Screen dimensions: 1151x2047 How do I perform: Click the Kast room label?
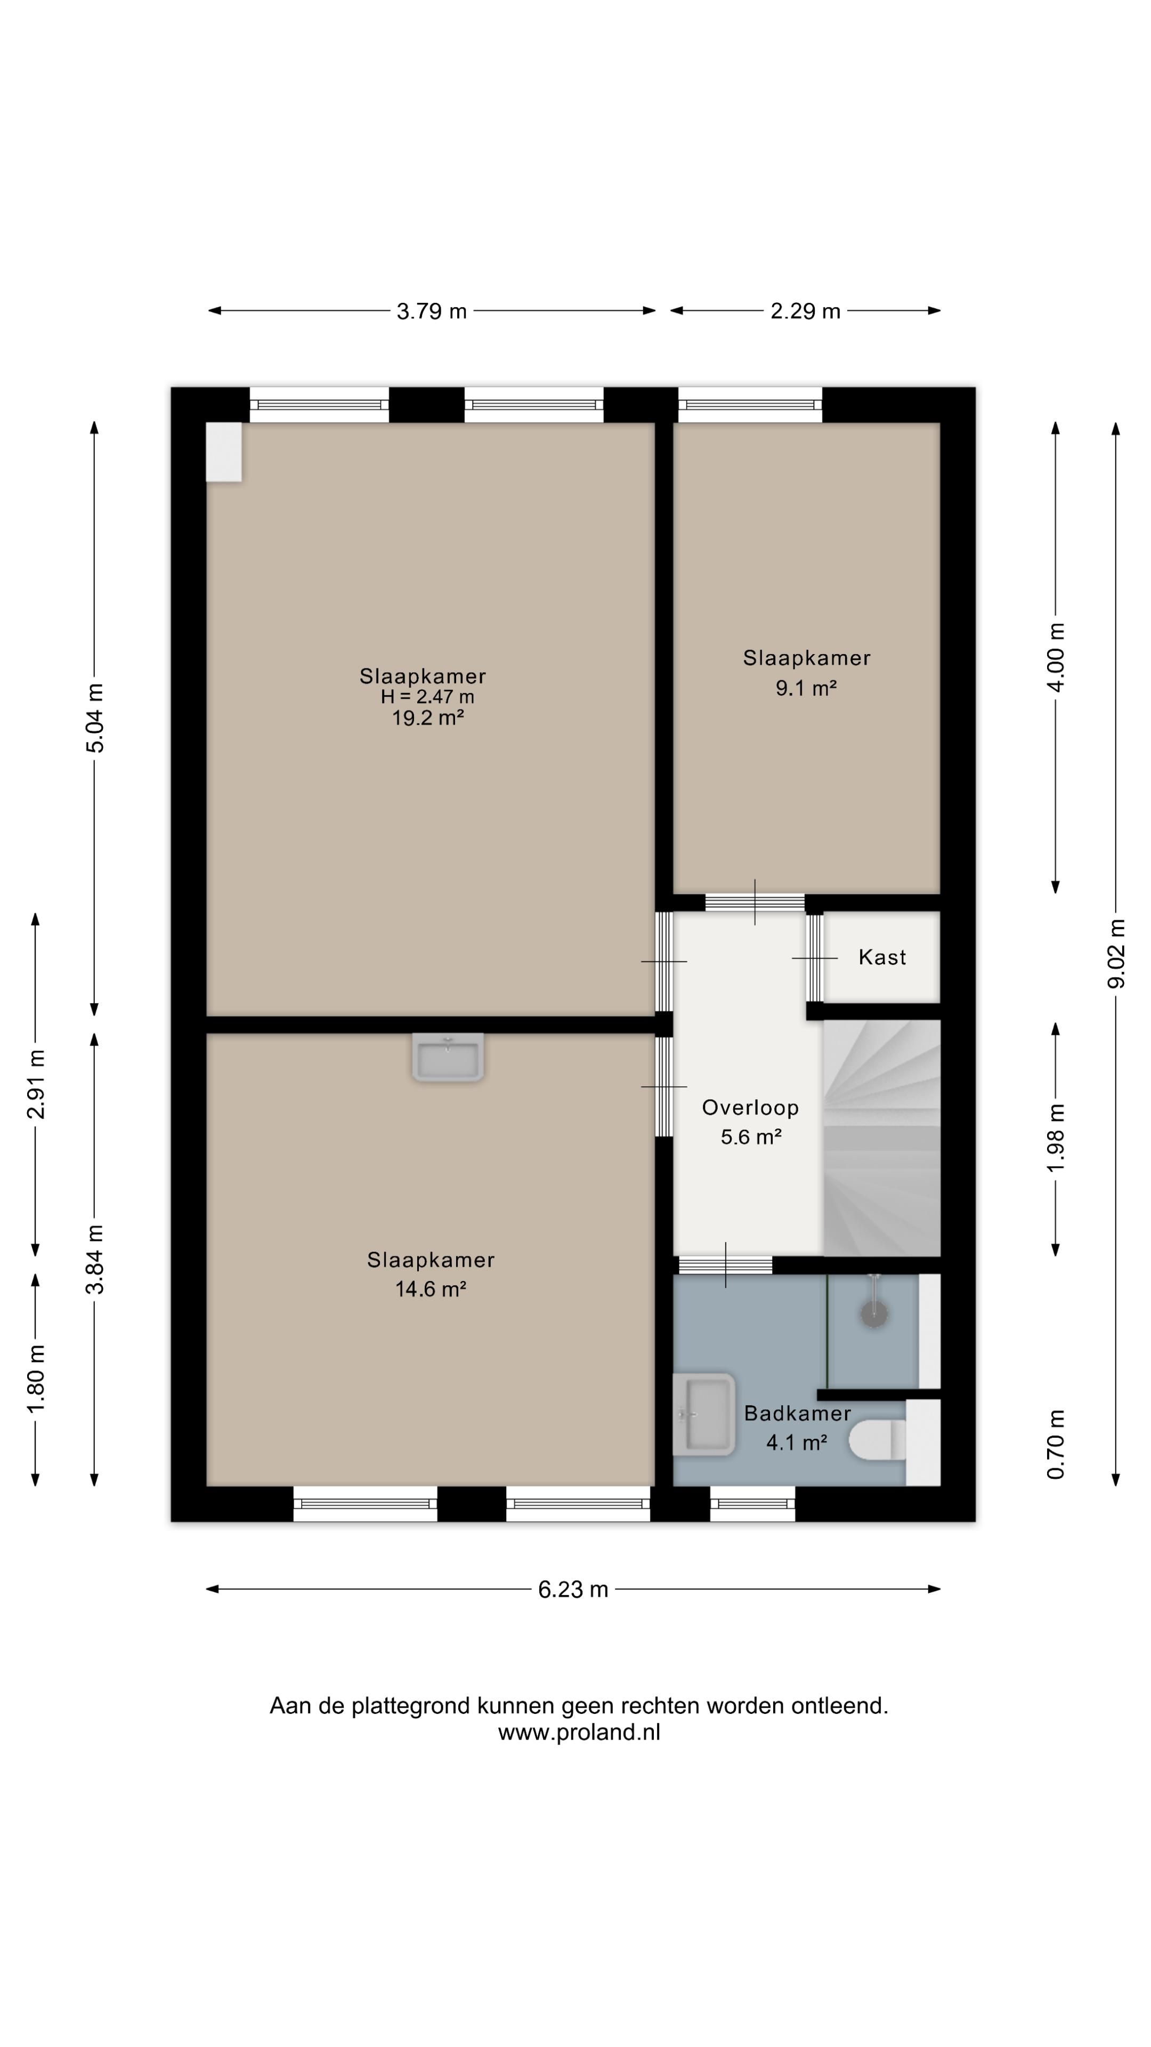tap(882, 957)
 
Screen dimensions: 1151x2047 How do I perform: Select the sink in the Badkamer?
tap(704, 1414)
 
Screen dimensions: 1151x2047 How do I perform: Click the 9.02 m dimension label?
tap(1116, 954)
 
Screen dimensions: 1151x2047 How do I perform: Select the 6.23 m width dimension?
tap(573, 1589)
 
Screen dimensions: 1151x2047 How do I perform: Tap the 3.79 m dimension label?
tap(431, 311)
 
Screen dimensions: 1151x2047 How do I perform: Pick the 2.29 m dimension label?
tap(805, 311)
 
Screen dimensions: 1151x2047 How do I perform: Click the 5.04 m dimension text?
tap(94, 718)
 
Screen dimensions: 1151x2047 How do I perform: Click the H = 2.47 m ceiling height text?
tap(427, 697)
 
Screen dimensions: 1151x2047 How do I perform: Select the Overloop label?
tap(750, 1108)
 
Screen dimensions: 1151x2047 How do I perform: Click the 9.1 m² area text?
tap(806, 688)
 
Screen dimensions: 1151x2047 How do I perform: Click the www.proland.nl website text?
tap(579, 1732)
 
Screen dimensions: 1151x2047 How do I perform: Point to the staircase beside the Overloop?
tap(882, 1138)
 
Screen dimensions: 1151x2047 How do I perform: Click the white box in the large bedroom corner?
tap(224, 452)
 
